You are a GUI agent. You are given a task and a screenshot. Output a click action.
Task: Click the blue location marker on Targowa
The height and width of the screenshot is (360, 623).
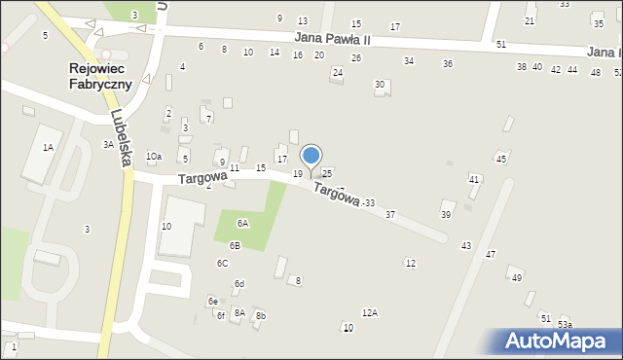pos(311,156)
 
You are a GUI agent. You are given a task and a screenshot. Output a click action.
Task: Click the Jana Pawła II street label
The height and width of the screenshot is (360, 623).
pos(333,39)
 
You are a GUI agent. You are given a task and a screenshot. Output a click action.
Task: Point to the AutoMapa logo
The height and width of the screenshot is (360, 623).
pos(558,340)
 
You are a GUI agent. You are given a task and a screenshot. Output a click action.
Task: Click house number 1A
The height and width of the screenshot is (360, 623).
pos(47,147)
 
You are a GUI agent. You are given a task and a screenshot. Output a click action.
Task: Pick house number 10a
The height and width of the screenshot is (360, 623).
pos(154,157)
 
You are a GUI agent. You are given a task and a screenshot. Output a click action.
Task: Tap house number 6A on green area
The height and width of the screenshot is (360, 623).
pos(242,223)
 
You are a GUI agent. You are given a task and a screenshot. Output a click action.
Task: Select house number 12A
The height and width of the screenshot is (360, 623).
pos(369,312)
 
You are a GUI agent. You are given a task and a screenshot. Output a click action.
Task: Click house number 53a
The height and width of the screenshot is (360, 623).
pos(565,325)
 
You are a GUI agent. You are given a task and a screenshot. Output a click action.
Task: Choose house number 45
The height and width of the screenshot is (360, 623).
pos(501,158)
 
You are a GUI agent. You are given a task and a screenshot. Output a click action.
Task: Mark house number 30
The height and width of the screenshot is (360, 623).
pos(380,85)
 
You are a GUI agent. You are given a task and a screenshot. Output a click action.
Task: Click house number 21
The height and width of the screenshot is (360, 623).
pos(530,20)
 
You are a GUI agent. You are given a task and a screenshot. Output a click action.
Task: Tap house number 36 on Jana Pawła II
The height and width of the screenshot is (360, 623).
pos(447,63)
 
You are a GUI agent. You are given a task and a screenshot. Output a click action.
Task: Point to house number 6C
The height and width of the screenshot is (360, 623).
pos(223,264)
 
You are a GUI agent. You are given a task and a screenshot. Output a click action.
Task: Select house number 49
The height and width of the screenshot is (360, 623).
pos(516,278)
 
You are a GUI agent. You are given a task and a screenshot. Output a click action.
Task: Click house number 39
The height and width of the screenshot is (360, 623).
pos(446,214)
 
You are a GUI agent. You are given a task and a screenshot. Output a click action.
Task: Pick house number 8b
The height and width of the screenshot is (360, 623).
pos(260,316)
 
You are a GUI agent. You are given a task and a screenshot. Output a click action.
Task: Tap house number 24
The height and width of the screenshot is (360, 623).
pos(338,72)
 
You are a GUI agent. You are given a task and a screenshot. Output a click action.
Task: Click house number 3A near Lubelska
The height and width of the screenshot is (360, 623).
pos(109,144)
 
